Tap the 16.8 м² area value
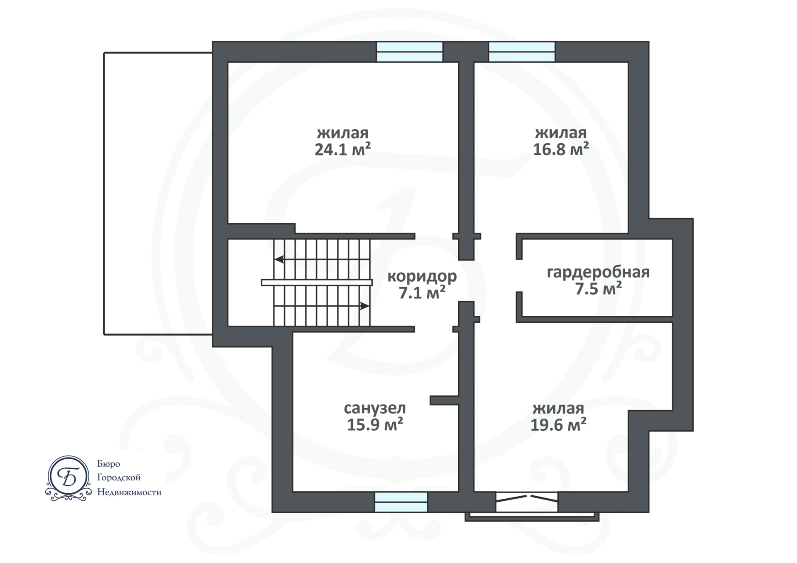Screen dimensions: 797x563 (561, 149)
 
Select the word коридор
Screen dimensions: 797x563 (422, 276)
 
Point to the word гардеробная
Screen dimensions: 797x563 (598, 273)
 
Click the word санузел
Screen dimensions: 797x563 (375, 408)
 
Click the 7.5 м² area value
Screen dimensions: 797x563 (598, 288)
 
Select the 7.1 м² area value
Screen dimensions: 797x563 (422, 293)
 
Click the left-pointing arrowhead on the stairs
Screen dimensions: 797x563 (279, 259)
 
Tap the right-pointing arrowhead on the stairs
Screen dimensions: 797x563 (364, 306)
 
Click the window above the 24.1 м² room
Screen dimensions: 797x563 (410, 52)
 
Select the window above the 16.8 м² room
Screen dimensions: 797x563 (522, 52)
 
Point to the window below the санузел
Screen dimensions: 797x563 (401, 502)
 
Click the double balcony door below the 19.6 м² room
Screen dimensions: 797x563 (527, 502)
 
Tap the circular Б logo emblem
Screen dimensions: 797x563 (68, 478)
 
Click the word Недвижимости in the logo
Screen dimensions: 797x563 (129, 492)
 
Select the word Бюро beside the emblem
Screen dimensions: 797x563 (109, 464)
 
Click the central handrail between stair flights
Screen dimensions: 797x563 (317, 283)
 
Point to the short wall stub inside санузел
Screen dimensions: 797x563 (444, 400)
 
